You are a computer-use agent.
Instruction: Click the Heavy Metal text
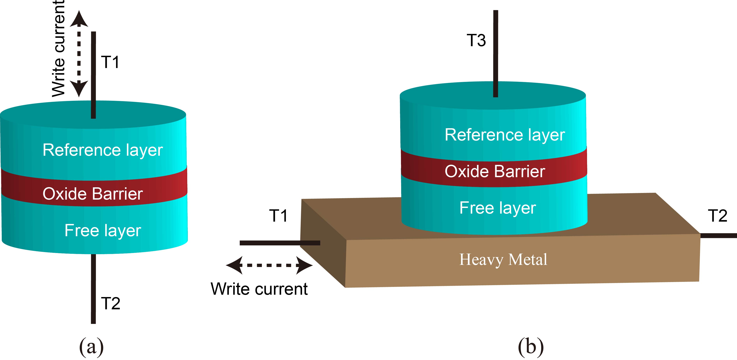503,260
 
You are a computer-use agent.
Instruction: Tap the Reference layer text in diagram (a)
103,150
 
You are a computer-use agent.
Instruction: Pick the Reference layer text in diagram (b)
505,135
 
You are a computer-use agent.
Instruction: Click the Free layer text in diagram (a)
103,230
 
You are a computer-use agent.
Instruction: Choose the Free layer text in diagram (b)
498,208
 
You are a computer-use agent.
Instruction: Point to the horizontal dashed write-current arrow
269,265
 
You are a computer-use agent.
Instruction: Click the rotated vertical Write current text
59,49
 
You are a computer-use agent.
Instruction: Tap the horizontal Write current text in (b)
259,289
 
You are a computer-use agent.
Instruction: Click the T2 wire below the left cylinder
93,289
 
